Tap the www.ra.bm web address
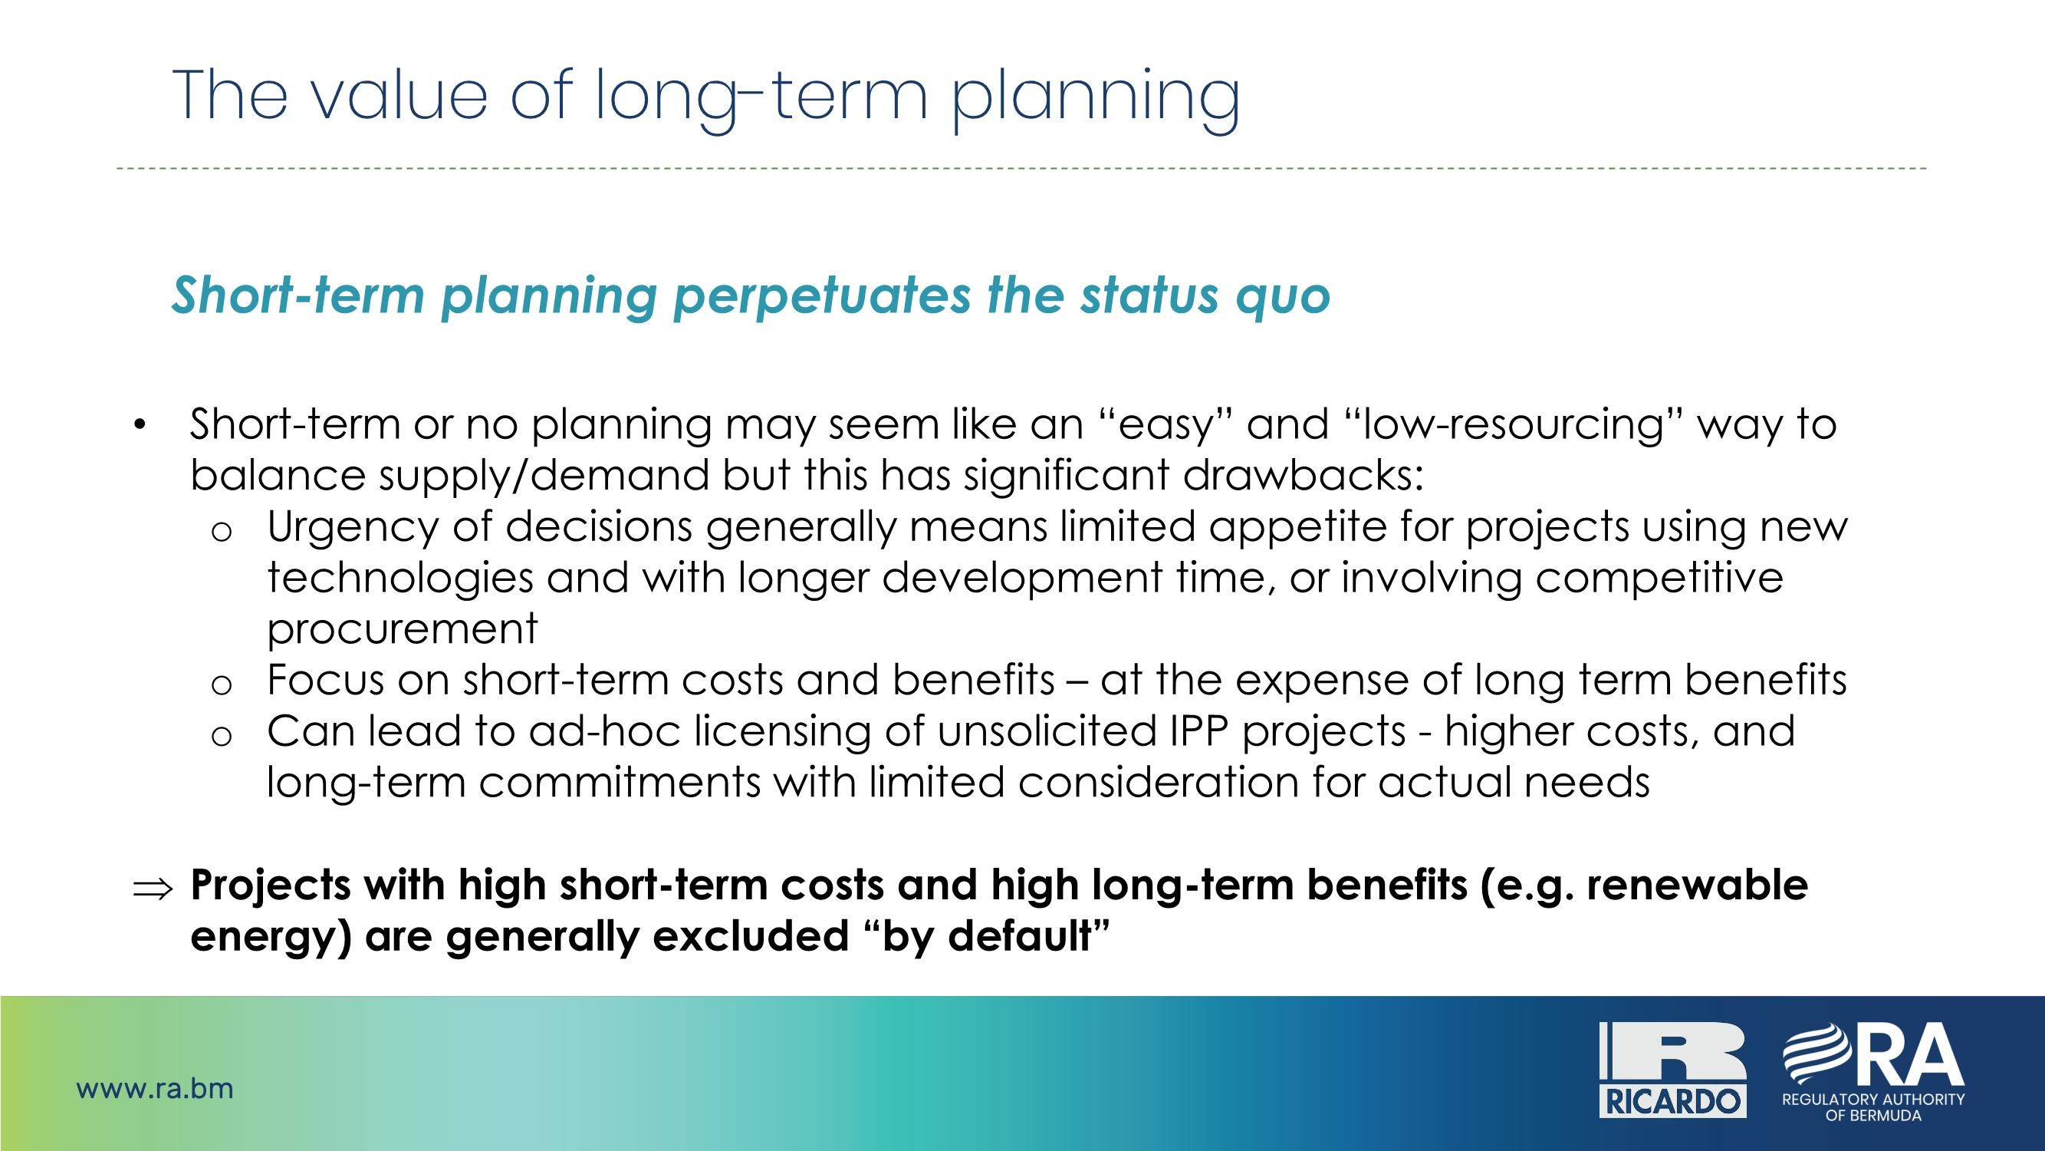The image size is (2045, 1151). click(x=155, y=1088)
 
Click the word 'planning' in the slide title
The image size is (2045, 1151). click(x=1096, y=97)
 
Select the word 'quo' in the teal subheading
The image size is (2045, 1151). click(x=1283, y=295)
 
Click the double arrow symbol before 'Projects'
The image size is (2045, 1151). click(x=152, y=888)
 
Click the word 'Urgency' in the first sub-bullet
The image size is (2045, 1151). click(x=353, y=527)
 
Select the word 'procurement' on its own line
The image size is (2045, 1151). click(x=403, y=628)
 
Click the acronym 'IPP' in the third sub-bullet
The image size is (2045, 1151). click(x=1199, y=731)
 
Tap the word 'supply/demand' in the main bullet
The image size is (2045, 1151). click(x=544, y=476)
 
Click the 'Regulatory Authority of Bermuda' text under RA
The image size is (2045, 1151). click(x=1872, y=1106)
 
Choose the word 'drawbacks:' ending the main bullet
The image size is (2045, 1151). click(x=1303, y=476)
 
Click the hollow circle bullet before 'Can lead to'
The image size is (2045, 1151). click(x=222, y=736)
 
